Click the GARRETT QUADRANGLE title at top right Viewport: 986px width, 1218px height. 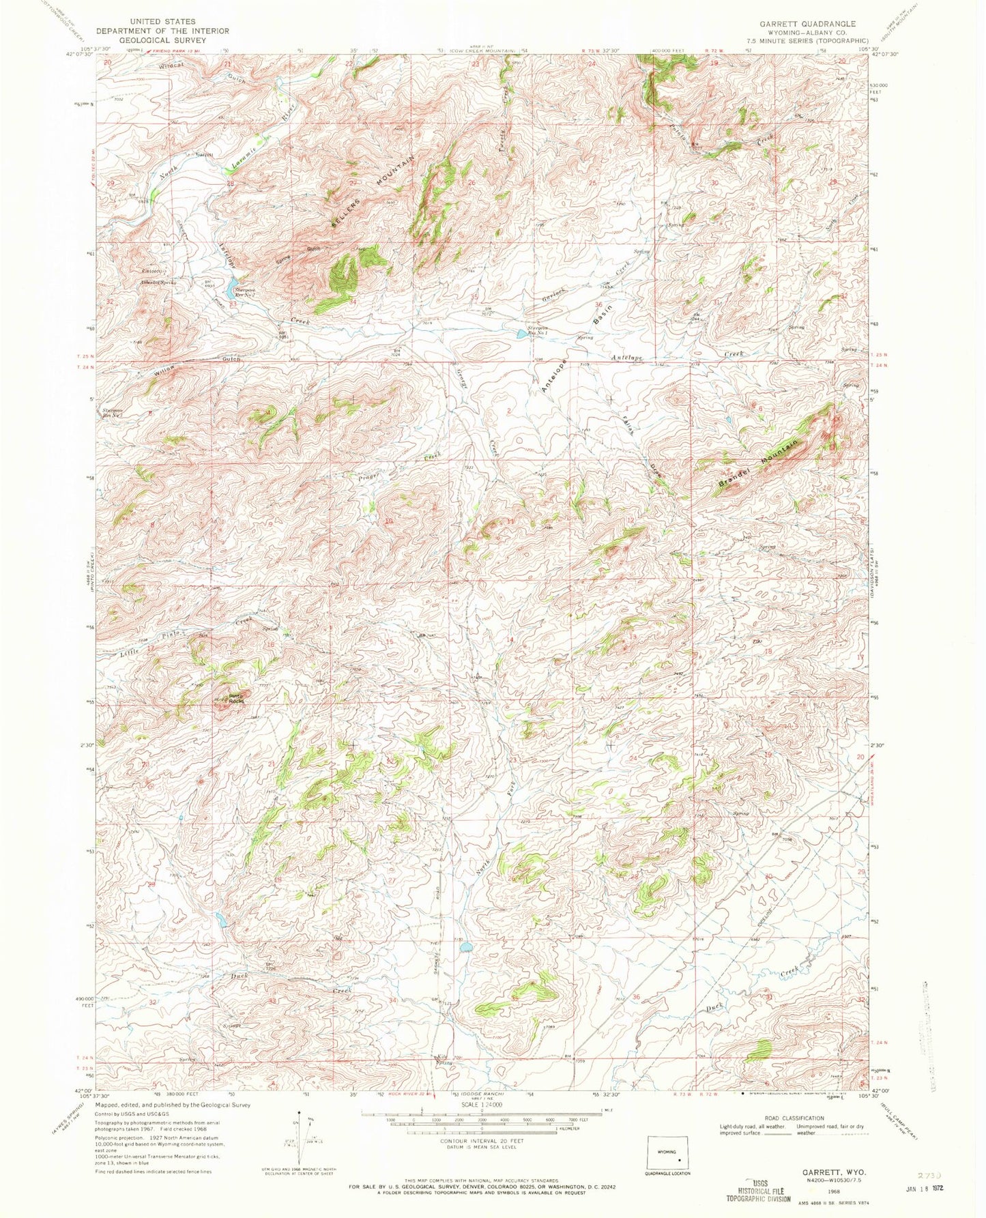click(808, 23)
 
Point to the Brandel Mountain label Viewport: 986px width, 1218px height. click(757, 465)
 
